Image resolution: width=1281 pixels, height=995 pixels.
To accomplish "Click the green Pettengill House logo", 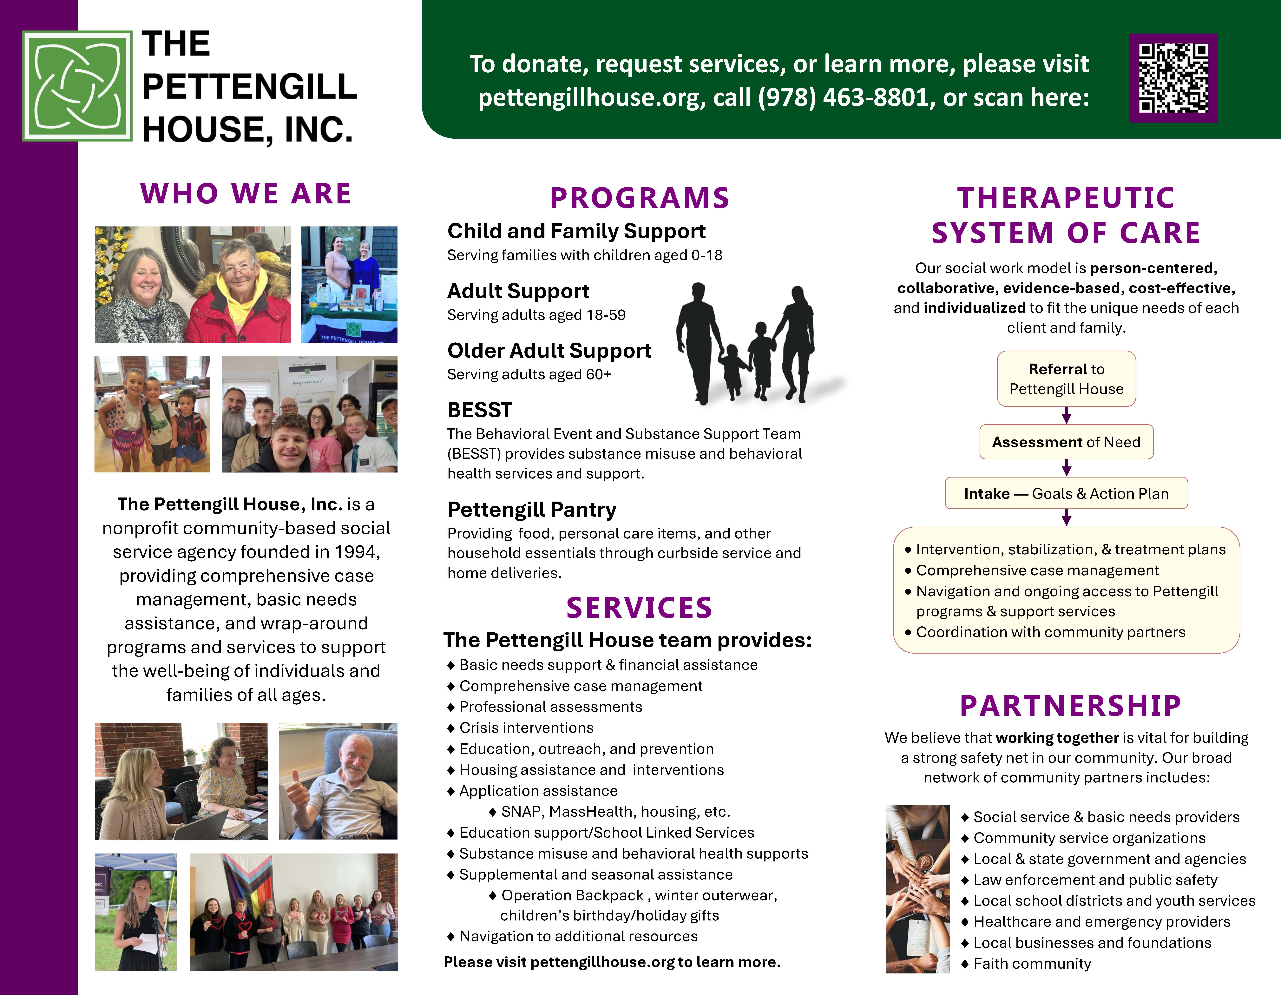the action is (x=77, y=86).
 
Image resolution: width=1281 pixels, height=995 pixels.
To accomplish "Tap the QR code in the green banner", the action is (x=1174, y=78).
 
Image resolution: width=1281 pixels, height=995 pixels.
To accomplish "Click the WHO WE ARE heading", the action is (x=246, y=194).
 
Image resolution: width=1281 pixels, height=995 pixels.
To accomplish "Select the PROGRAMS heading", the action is (x=639, y=198).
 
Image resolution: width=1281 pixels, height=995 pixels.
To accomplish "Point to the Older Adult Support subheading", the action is (x=549, y=351).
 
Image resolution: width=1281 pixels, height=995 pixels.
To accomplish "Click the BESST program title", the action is (x=480, y=410).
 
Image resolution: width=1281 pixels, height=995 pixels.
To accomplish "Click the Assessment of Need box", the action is (x=1066, y=442).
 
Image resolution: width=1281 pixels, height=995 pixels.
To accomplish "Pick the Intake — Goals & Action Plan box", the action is (x=1066, y=493).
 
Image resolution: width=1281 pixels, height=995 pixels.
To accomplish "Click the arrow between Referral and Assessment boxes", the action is (x=1066, y=415).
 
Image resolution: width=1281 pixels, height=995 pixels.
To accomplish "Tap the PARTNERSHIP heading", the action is (x=1070, y=706).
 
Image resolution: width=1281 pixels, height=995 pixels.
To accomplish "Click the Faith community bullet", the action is (x=1026, y=964).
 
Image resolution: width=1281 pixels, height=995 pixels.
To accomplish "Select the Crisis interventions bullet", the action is (x=520, y=728).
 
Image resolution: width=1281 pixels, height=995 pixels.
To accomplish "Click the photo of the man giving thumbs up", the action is (x=338, y=781).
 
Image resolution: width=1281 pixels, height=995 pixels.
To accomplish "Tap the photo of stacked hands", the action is (x=918, y=889).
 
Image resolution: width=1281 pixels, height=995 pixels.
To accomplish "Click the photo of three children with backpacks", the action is (x=153, y=414).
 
